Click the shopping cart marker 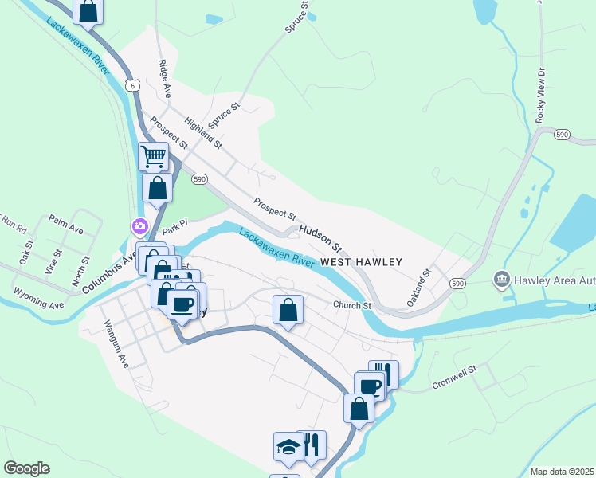pos(154,155)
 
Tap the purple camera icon pos(139,227)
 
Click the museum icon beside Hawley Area pos(502,279)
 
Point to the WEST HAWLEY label pos(362,262)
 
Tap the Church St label pos(352,305)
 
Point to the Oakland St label pos(418,287)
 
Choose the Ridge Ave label pos(164,78)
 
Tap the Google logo pos(26,468)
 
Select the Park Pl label pos(174,228)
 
